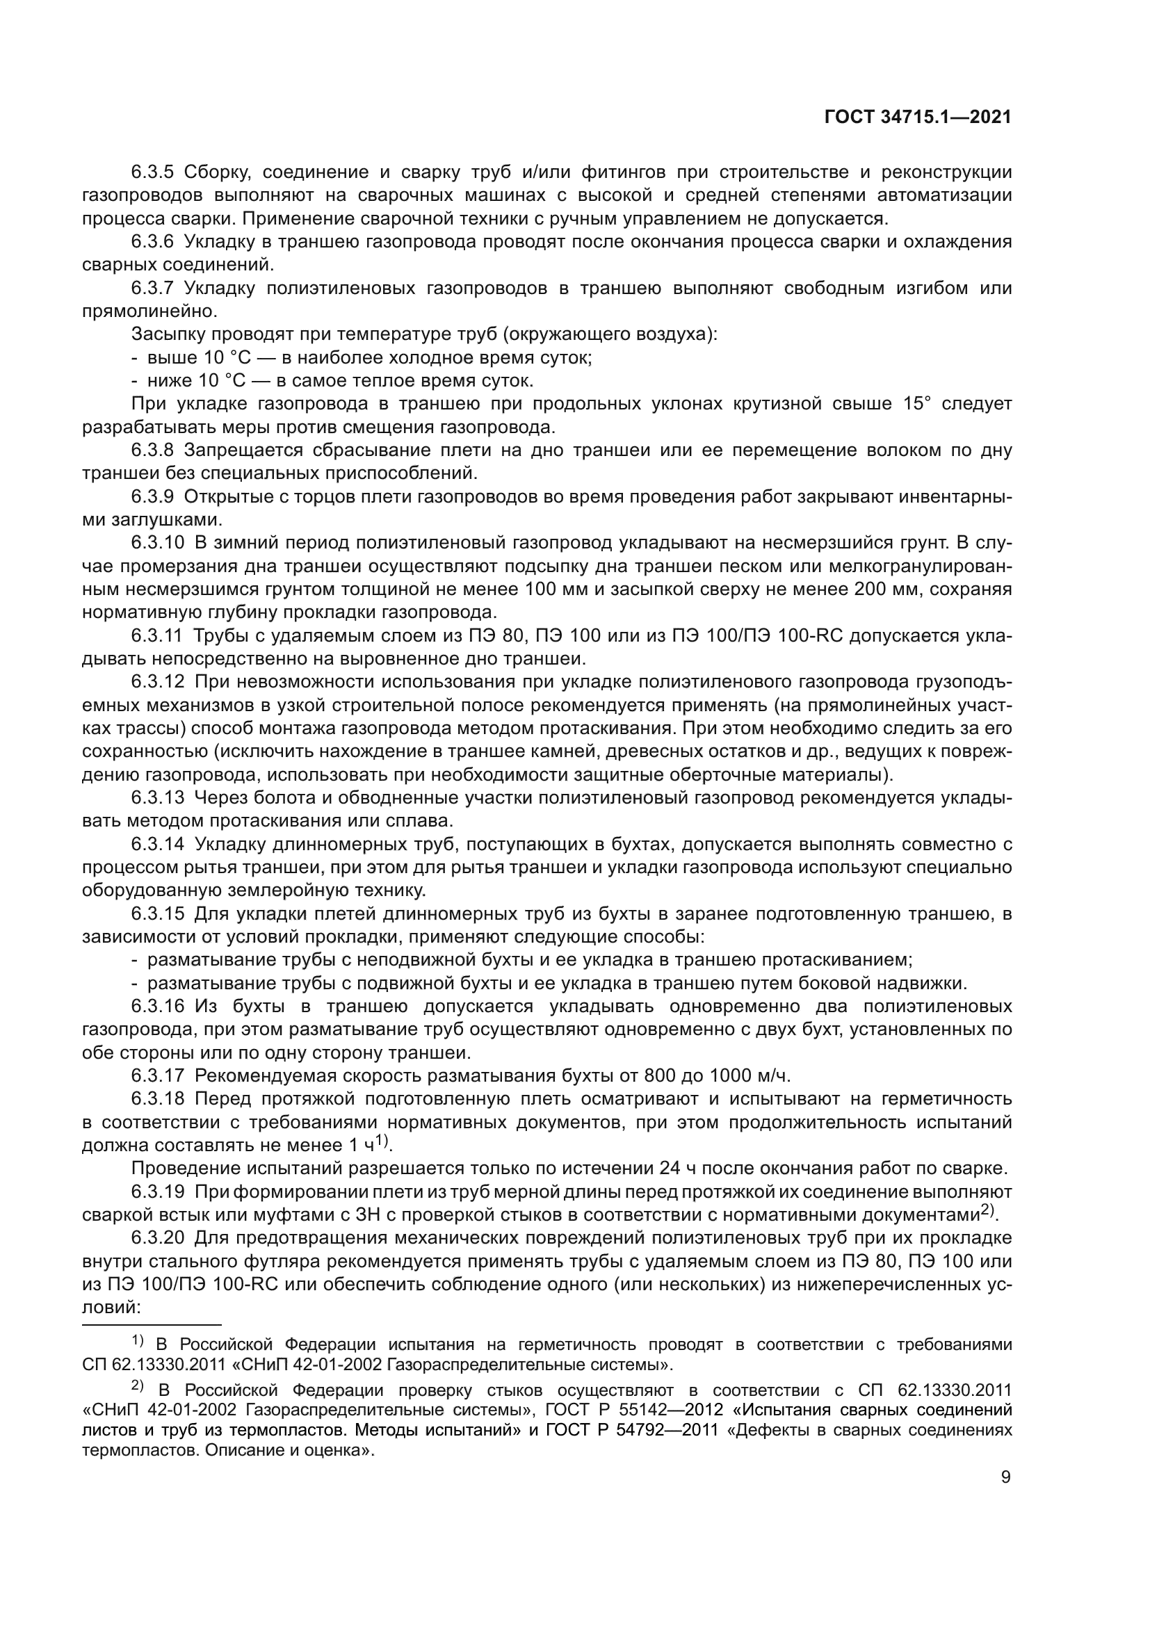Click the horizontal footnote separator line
point(152,1324)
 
